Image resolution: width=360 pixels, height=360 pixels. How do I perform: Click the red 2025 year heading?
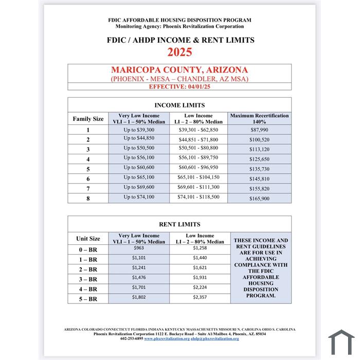[179, 52]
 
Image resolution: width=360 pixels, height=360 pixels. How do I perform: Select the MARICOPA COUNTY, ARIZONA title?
[179, 70]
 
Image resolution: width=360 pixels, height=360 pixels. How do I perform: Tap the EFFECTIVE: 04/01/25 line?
[179, 86]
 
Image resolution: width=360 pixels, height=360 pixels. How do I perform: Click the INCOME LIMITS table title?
[179, 105]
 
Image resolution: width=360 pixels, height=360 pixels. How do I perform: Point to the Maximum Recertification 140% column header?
[259, 119]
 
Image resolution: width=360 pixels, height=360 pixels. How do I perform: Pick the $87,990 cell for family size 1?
[259, 130]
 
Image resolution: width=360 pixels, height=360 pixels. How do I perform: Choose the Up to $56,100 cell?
[139, 158]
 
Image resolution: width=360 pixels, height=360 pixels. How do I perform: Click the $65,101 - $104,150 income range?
[199, 177]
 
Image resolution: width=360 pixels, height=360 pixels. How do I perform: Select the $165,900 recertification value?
[259, 197]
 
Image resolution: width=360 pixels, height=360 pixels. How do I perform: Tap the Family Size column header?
[88, 119]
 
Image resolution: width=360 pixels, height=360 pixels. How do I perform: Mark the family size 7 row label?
[88, 188]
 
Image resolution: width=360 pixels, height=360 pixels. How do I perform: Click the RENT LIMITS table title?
[179, 224]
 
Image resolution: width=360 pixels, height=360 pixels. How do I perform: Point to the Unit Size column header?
[88, 239]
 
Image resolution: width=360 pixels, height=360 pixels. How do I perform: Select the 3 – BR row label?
[88, 279]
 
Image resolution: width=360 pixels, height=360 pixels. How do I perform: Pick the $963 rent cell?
[139, 248]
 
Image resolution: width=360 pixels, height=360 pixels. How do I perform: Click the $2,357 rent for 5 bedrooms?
[200, 297]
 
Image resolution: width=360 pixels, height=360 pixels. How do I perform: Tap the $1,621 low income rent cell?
[200, 267]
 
